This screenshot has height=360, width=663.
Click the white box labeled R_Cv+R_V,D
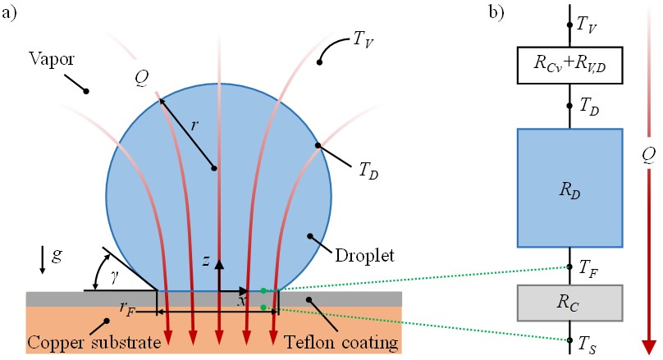pos(570,66)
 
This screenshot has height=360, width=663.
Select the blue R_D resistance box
pos(570,188)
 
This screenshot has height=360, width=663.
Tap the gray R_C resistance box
pos(570,303)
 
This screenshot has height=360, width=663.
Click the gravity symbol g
pos(57,256)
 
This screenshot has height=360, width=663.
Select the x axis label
pos(242,302)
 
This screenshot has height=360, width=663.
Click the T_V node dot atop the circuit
pos(570,25)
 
